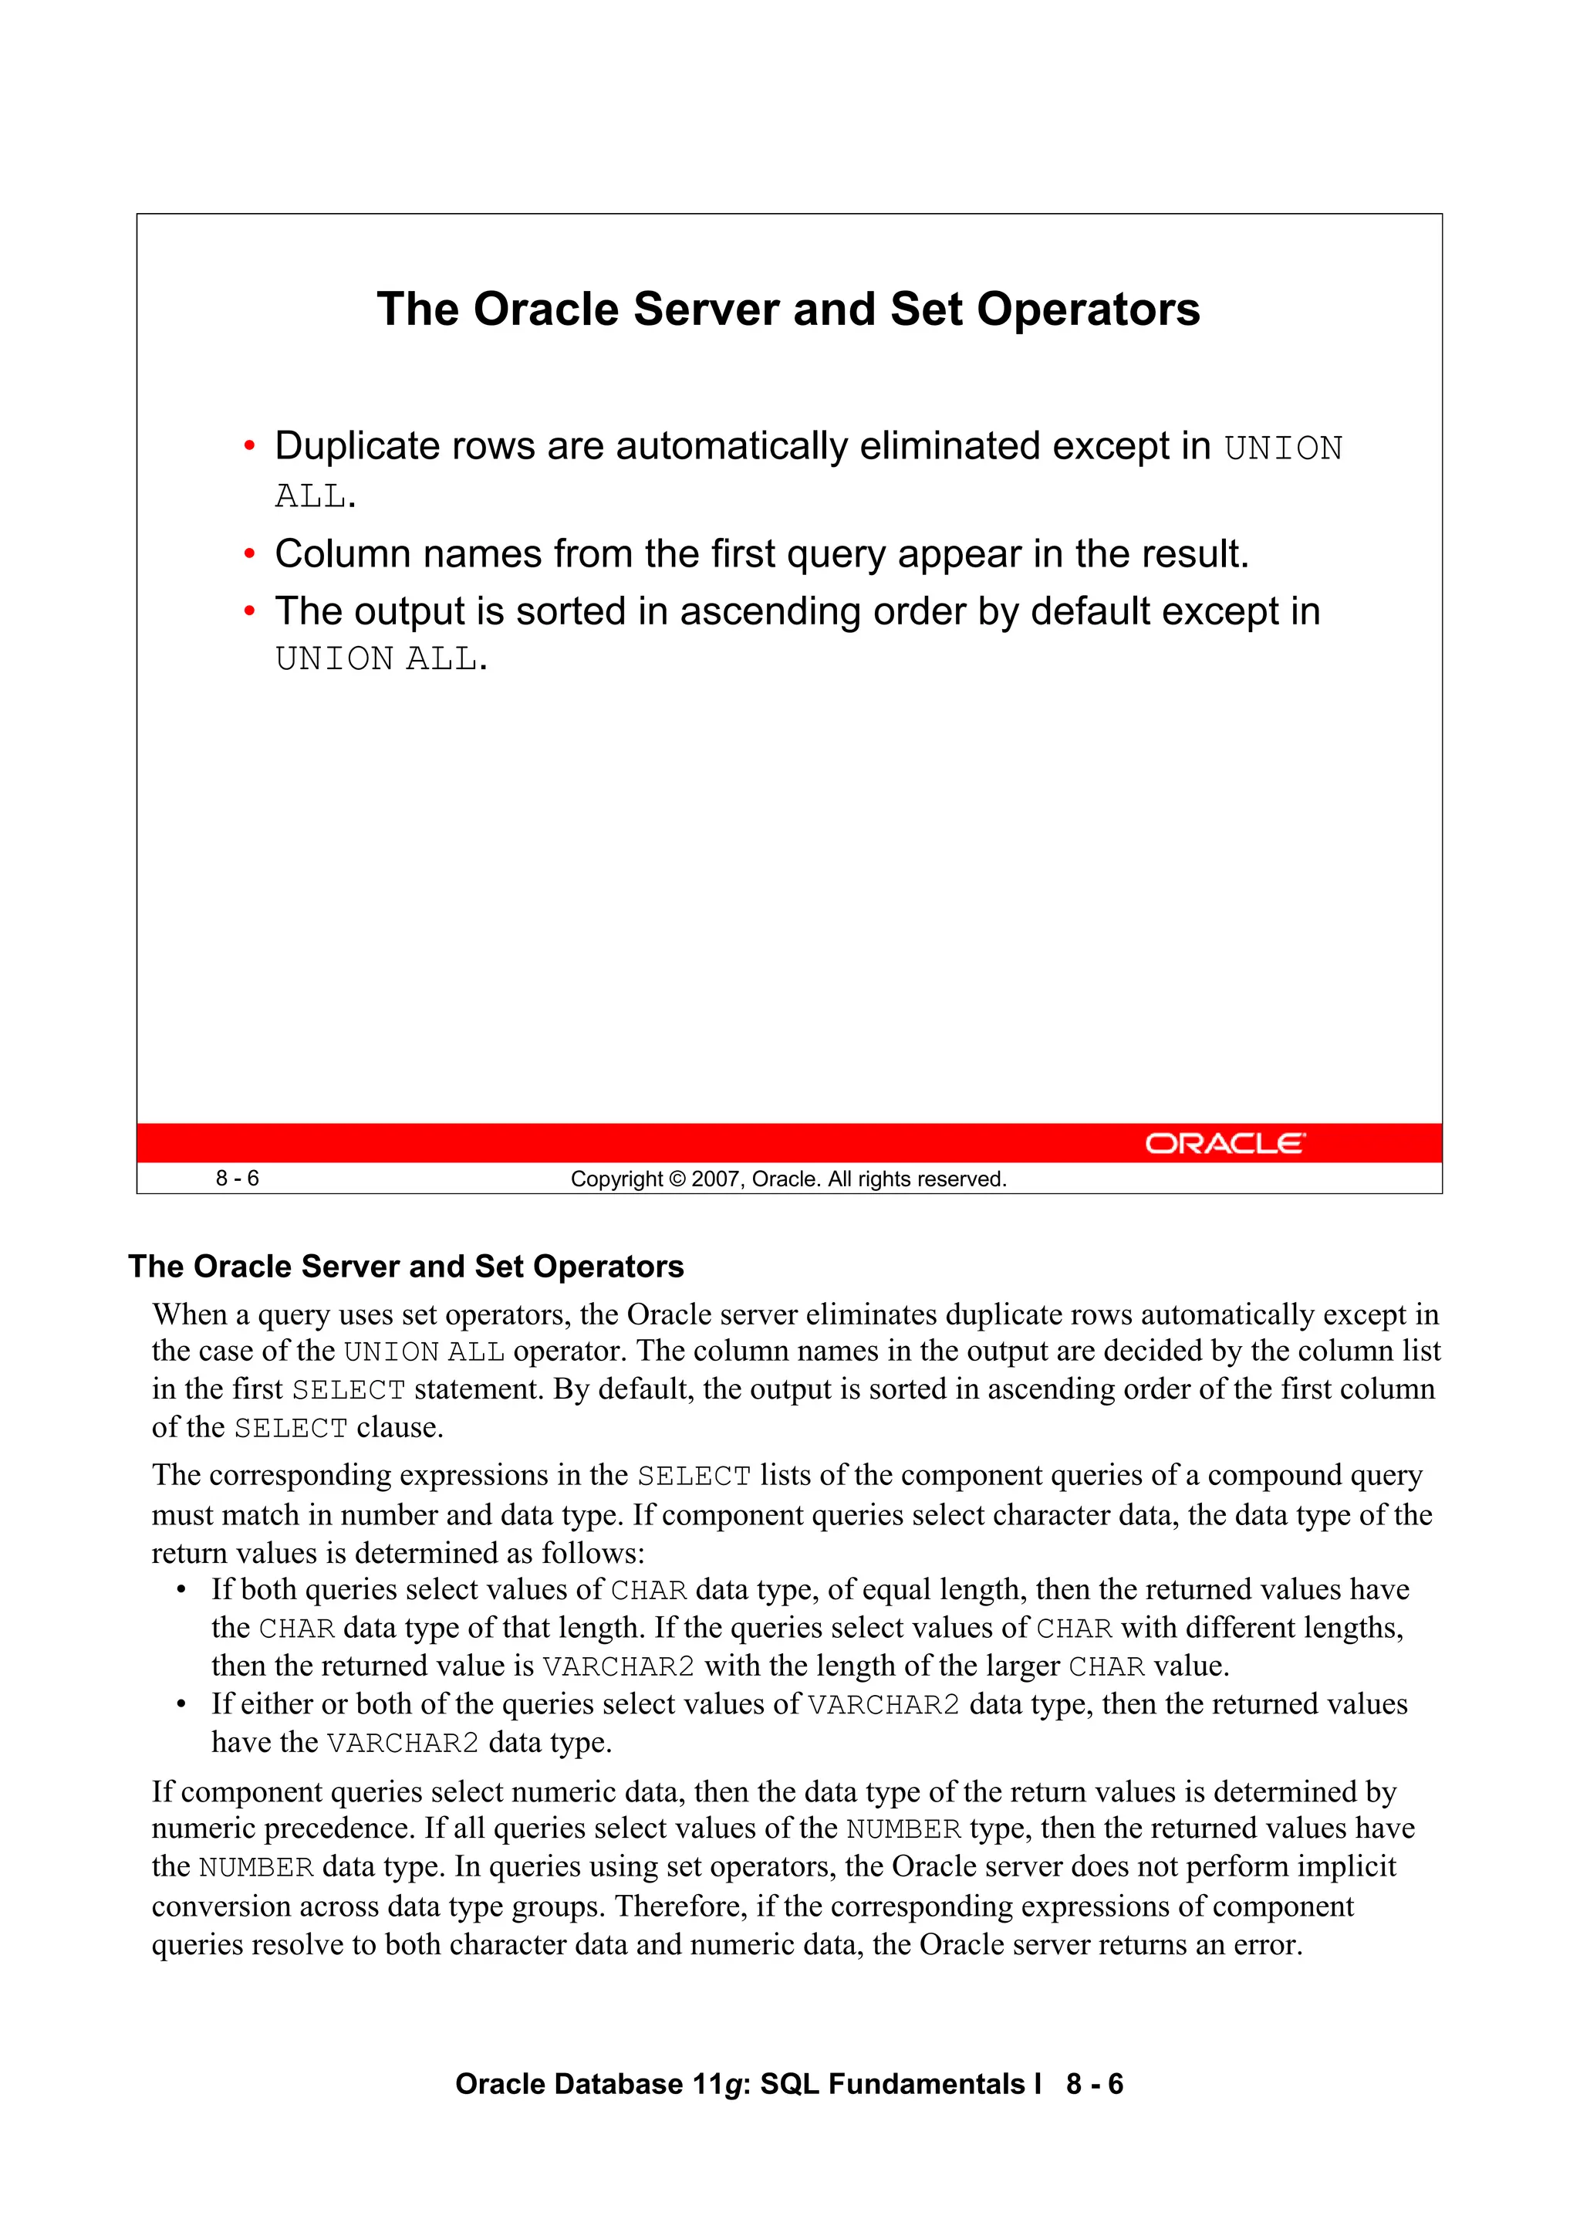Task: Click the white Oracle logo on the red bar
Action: (1224, 1143)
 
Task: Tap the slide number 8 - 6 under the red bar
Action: (237, 1179)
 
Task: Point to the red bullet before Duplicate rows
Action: (249, 447)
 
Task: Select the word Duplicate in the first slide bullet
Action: (357, 447)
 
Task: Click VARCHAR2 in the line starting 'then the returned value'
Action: (618, 1667)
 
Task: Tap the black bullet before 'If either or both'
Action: (181, 1705)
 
